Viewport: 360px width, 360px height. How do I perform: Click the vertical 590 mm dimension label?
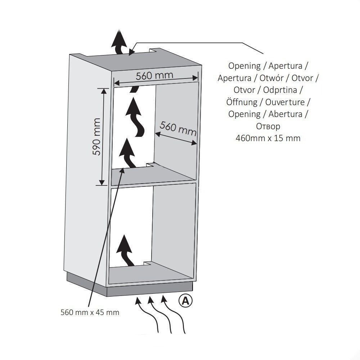tap(96, 136)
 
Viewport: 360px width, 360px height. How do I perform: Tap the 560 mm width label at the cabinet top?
tap(154, 76)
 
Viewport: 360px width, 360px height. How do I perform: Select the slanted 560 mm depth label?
tap(178, 128)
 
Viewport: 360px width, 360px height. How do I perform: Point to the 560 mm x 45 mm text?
tap(90, 312)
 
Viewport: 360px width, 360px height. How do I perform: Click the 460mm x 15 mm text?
tap(268, 138)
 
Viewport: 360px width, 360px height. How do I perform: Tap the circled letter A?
tap(186, 300)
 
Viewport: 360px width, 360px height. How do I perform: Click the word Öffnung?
tap(242, 102)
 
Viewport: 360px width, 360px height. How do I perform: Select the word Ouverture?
tap(285, 102)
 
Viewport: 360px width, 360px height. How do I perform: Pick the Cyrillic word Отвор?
tap(268, 126)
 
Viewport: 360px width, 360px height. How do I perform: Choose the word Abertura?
tap(288, 114)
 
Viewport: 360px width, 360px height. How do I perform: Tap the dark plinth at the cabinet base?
tap(130, 286)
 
